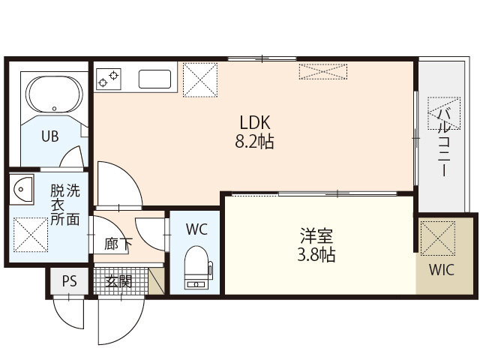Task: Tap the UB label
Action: [x=49, y=136]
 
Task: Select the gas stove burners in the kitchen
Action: [x=109, y=76]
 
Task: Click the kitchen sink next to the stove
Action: [x=155, y=78]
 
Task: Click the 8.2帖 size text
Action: [x=254, y=141]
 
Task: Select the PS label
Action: [x=69, y=282]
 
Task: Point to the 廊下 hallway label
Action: [x=118, y=244]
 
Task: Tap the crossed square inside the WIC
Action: [x=439, y=237]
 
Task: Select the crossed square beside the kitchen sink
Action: [x=199, y=78]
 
